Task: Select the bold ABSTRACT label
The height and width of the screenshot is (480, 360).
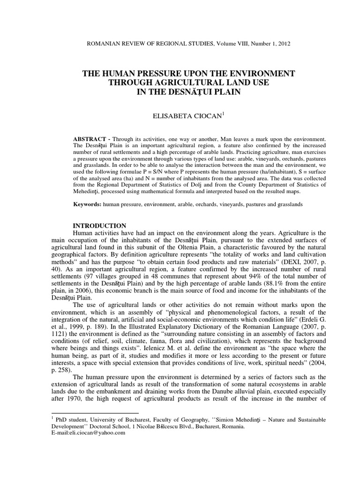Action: click(89, 140)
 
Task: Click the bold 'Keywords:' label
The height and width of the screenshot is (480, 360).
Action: click(88, 204)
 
